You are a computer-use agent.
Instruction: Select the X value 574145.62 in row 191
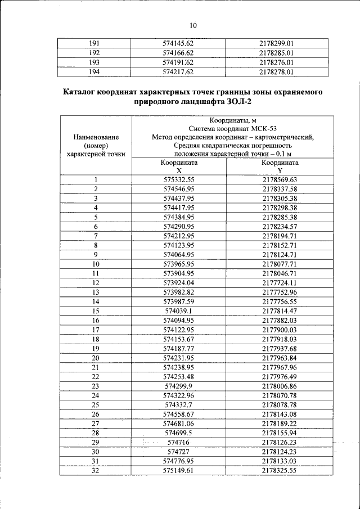tap(178, 43)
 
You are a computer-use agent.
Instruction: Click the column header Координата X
tap(178, 166)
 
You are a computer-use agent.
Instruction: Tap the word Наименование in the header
tap(95, 137)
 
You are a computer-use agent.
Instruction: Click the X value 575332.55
tap(178, 180)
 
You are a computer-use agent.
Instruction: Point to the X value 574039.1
tap(178, 310)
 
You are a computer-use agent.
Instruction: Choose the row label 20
tap(95, 357)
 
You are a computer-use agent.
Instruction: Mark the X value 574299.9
tap(178, 385)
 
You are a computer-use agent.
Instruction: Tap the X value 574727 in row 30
tap(178, 451)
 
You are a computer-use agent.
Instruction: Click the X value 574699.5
tap(178, 433)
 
